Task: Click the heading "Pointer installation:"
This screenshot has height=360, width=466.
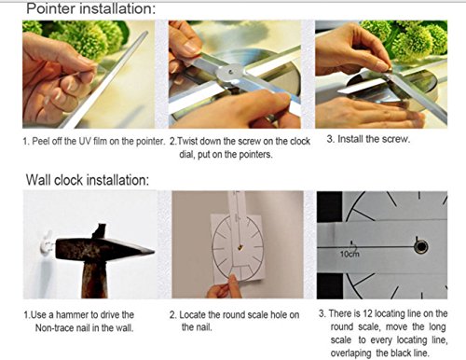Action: pos(90,8)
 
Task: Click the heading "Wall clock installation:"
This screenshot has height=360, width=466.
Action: pos(88,180)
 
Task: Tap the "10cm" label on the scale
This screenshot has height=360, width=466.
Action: pos(349,254)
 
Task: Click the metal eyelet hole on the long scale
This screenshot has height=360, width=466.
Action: pos(421,247)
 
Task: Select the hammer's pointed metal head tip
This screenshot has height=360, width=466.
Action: pos(153,252)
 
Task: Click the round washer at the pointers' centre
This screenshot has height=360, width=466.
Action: pos(230,72)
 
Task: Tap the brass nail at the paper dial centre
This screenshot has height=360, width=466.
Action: pos(240,248)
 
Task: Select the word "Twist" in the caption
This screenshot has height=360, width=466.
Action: pos(187,142)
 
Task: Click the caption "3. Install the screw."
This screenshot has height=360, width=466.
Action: pos(368,139)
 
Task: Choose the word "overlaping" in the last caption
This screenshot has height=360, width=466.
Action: pos(350,353)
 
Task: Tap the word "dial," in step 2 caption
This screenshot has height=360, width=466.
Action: pos(186,154)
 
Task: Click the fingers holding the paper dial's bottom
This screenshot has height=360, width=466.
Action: pos(225,288)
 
